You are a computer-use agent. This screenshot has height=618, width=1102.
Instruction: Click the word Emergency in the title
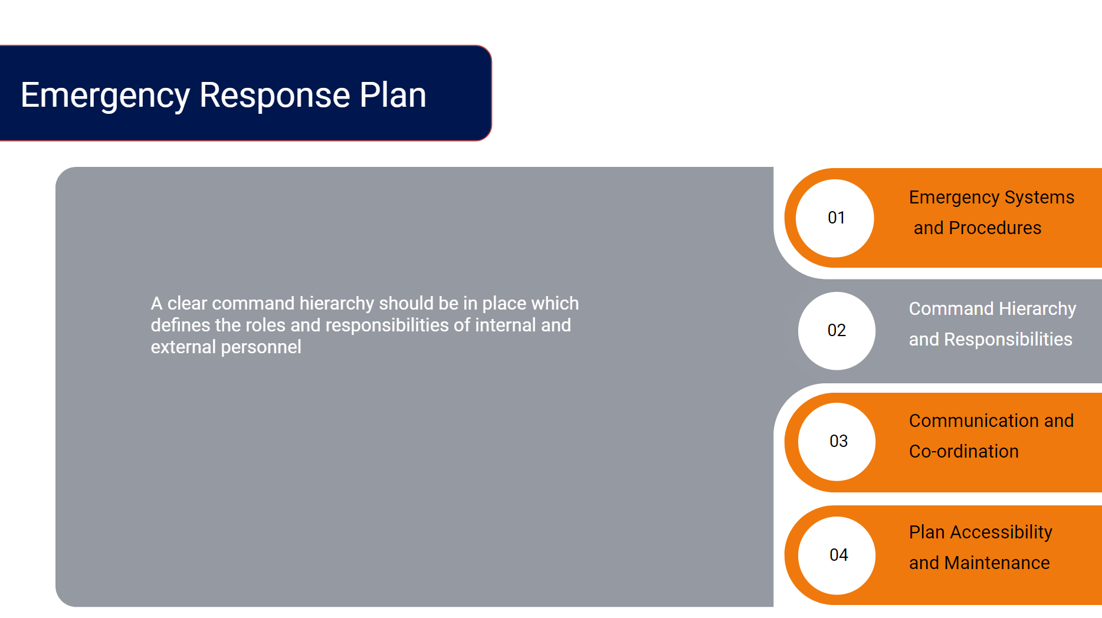pos(106,96)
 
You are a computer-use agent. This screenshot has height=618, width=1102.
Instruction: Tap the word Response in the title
pos(275,96)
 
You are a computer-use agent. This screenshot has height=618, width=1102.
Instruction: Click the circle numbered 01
pos(835,218)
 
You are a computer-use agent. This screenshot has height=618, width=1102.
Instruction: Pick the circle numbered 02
pos(837,331)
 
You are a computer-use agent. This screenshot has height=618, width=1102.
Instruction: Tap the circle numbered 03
pos(837,442)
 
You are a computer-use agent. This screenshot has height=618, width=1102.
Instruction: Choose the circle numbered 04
pos(837,555)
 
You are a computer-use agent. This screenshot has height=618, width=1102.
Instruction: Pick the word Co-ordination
pos(964,451)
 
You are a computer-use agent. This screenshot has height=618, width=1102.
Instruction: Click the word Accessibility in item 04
pos(1001,532)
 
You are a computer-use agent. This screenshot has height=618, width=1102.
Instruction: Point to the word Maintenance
pos(997,563)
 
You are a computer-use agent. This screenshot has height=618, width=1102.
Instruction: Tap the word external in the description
pos(183,347)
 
